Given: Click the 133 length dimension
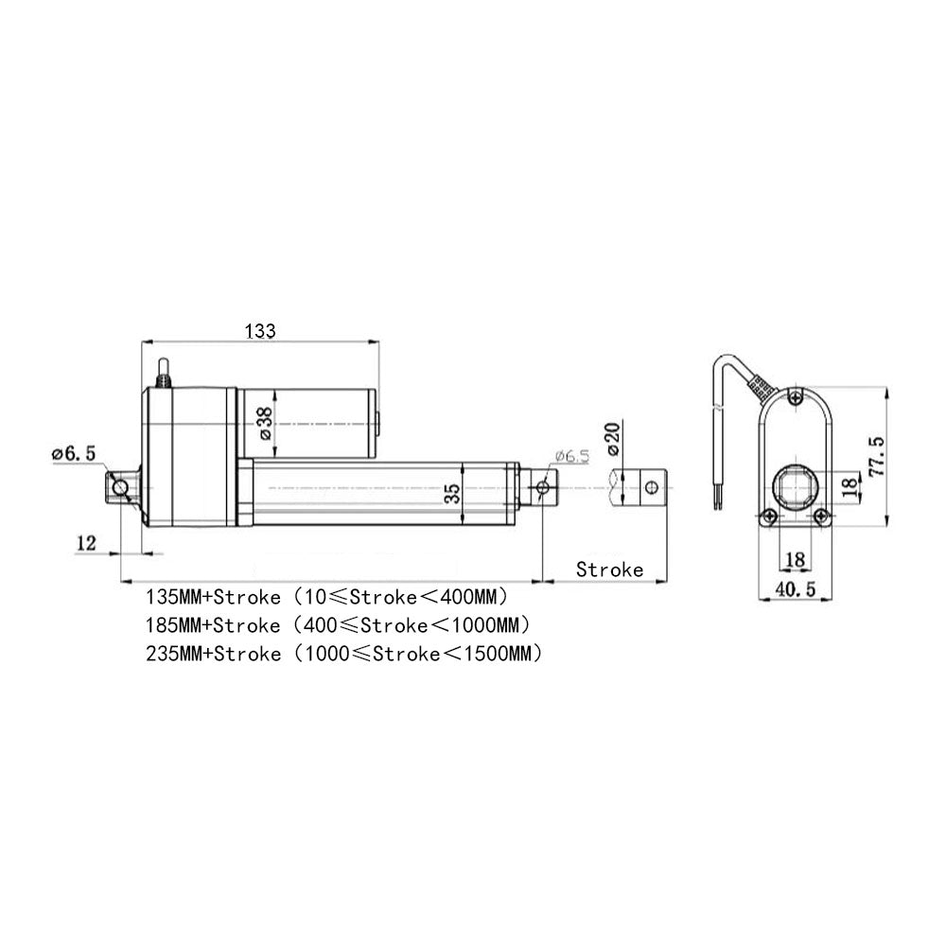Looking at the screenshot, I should tap(260, 331).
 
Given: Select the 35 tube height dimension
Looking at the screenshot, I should tap(452, 493).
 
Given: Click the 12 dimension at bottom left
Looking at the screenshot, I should tap(87, 543).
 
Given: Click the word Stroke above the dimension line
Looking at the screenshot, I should tap(609, 569).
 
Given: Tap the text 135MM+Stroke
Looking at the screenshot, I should tap(212, 598).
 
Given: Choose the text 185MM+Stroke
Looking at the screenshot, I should tap(212, 625).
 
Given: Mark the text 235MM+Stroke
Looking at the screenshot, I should tap(212, 654).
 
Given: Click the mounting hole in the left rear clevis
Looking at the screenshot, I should tap(120, 488).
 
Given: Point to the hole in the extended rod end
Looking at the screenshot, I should tap(651, 487).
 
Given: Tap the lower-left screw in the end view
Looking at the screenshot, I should tap(768, 517).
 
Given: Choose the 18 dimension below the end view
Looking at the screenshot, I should tap(794, 560).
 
